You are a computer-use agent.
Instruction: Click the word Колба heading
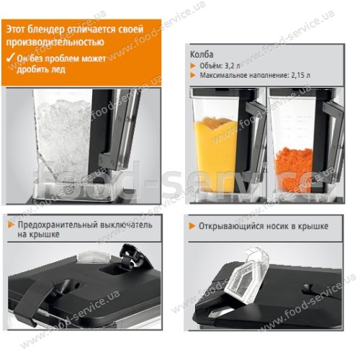tap(202, 55)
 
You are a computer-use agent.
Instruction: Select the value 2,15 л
tap(301, 75)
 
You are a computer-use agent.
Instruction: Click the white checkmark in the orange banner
tap(10, 58)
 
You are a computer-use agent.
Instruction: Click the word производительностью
tap(55, 42)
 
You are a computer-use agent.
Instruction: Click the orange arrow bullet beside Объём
tap(193, 66)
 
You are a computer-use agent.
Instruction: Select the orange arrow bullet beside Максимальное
tap(193, 75)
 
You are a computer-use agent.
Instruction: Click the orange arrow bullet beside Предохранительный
tap(12, 225)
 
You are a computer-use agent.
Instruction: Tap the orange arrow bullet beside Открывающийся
tap(192, 226)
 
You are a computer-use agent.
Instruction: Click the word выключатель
tap(126, 225)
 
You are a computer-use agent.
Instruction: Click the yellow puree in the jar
tap(215, 153)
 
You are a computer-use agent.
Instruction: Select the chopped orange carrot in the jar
tap(294, 169)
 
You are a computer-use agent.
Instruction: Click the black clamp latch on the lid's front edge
tap(36, 300)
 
